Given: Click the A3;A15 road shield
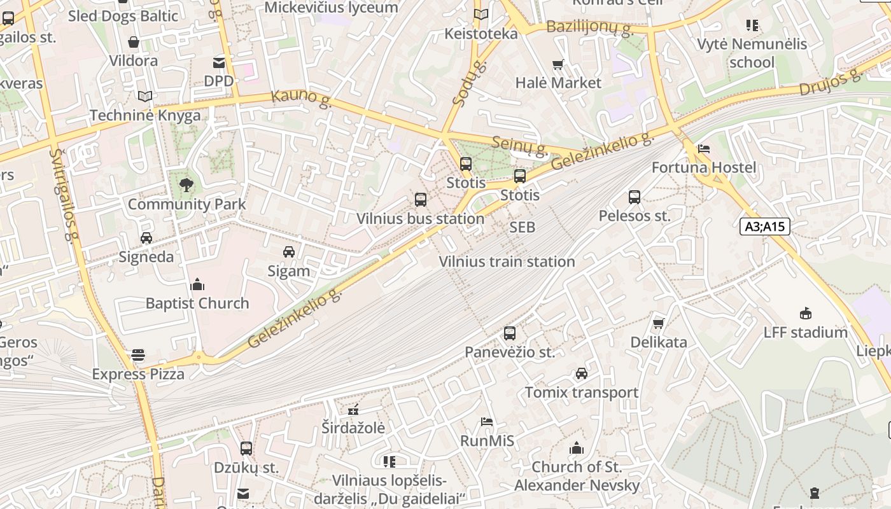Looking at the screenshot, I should pos(764,227).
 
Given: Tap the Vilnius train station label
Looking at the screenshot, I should pos(507,261).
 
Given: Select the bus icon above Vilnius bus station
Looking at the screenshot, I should pos(420,200).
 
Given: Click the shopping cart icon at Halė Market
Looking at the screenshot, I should pos(558,64).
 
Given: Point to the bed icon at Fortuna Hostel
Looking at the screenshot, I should pos(703,149).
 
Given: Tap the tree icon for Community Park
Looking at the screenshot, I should pos(186,185).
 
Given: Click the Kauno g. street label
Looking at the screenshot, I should pos(302,99).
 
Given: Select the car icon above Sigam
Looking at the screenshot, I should pos(289,252).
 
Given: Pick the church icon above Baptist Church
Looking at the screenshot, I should pos(197,284).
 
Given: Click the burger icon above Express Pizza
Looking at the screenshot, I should pos(138,355).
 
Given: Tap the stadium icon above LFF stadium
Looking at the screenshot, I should pos(806,313).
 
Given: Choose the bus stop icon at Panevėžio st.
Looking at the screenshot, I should pos(509,333).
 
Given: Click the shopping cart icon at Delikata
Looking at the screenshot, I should pos(659,323).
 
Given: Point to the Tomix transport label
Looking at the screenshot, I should pos(581,393).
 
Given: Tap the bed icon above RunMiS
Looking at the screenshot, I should pos(487,422).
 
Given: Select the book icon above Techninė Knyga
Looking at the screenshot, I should pos(145,96).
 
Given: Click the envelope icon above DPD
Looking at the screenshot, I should pos(219,62).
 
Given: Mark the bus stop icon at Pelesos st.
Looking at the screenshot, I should pos(634,197).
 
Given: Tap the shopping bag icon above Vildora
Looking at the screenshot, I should pos(134,42).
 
